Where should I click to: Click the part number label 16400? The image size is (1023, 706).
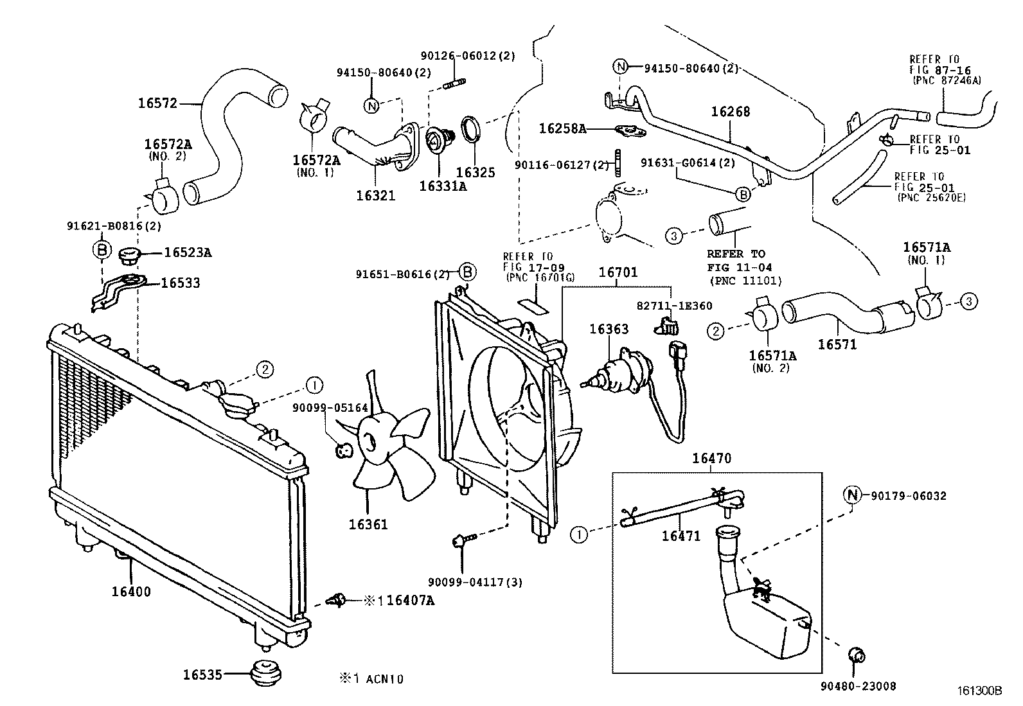click(x=131, y=592)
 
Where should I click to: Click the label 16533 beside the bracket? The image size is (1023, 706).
click(x=180, y=283)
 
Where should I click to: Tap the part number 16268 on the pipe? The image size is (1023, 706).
click(x=730, y=112)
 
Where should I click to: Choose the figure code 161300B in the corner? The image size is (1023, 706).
click(x=979, y=691)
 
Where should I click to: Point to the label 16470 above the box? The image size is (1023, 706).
click(x=711, y=459)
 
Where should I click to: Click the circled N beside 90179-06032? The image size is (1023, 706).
click(x=851, y=495)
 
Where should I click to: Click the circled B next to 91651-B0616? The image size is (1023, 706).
click(x=468, y=272)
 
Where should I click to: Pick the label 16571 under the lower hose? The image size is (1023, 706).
click(x=837, y=344)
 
